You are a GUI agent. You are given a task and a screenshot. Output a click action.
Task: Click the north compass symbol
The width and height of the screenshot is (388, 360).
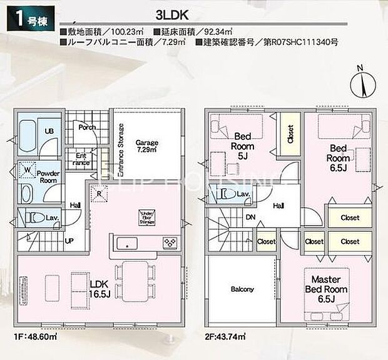coord(359,81)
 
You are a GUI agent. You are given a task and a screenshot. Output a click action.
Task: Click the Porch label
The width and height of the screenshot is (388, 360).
coord(86,127)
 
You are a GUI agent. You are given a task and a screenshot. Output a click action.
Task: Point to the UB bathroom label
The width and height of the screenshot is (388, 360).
coord(48,131)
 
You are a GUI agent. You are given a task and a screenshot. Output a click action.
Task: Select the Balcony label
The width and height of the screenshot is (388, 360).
coord(242,289)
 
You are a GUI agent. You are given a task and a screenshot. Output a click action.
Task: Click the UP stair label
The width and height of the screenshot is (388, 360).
coord(69,241)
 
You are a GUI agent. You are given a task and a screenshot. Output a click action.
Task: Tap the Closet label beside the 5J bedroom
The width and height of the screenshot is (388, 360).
coord(290,136)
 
